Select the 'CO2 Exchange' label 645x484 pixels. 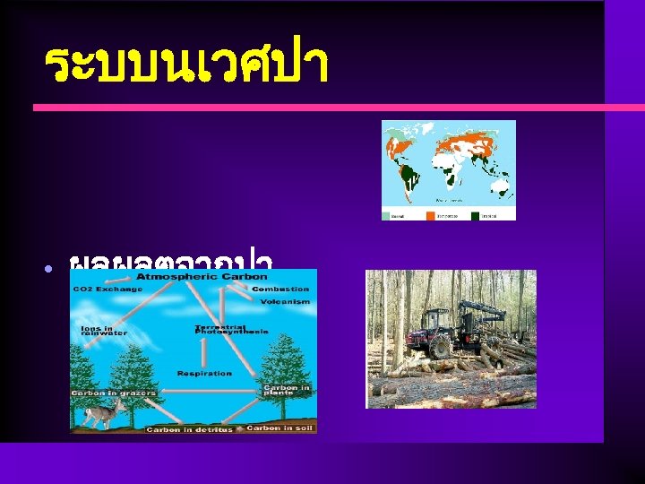click(x=107, y=290)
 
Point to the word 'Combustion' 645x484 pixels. click(x=280, y=289)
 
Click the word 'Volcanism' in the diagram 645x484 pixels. click(x=285, y=302)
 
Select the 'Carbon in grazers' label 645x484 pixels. click(x=114, y=393)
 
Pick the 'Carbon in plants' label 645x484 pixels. click(x=286, y=391)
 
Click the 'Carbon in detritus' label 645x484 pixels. click(x=189, y=429)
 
